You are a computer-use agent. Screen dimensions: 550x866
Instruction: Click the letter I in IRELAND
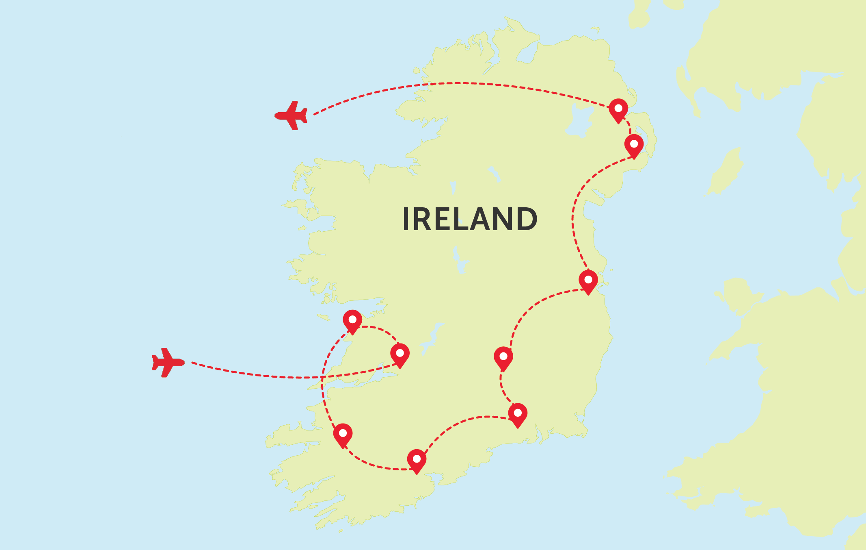pos(405,219)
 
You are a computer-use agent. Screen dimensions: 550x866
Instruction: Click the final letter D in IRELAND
pos(526,219)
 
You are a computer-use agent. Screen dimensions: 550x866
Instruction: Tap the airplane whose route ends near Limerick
pos(167,362)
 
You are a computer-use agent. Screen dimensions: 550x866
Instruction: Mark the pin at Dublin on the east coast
pos(588,281)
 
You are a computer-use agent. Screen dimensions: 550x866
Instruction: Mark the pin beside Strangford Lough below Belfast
pos(634,145)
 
